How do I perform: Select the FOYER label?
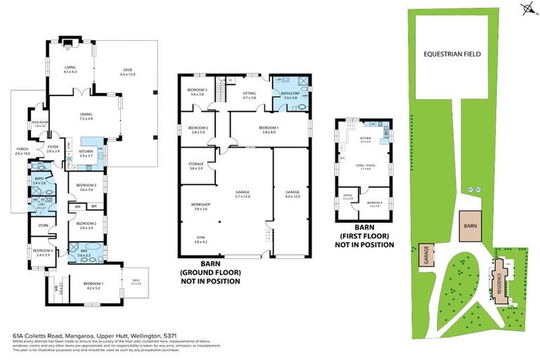coord(54,149)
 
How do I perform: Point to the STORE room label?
coord(44,226)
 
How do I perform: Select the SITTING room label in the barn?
coord(249,94)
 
